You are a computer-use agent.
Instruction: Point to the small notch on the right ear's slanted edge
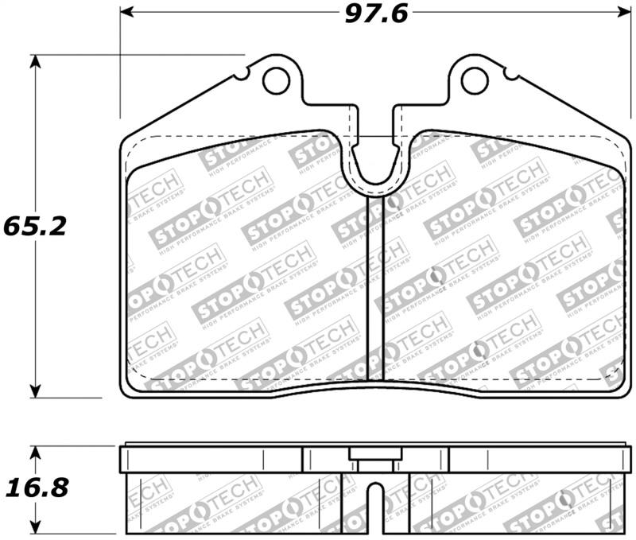click(509, 76)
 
